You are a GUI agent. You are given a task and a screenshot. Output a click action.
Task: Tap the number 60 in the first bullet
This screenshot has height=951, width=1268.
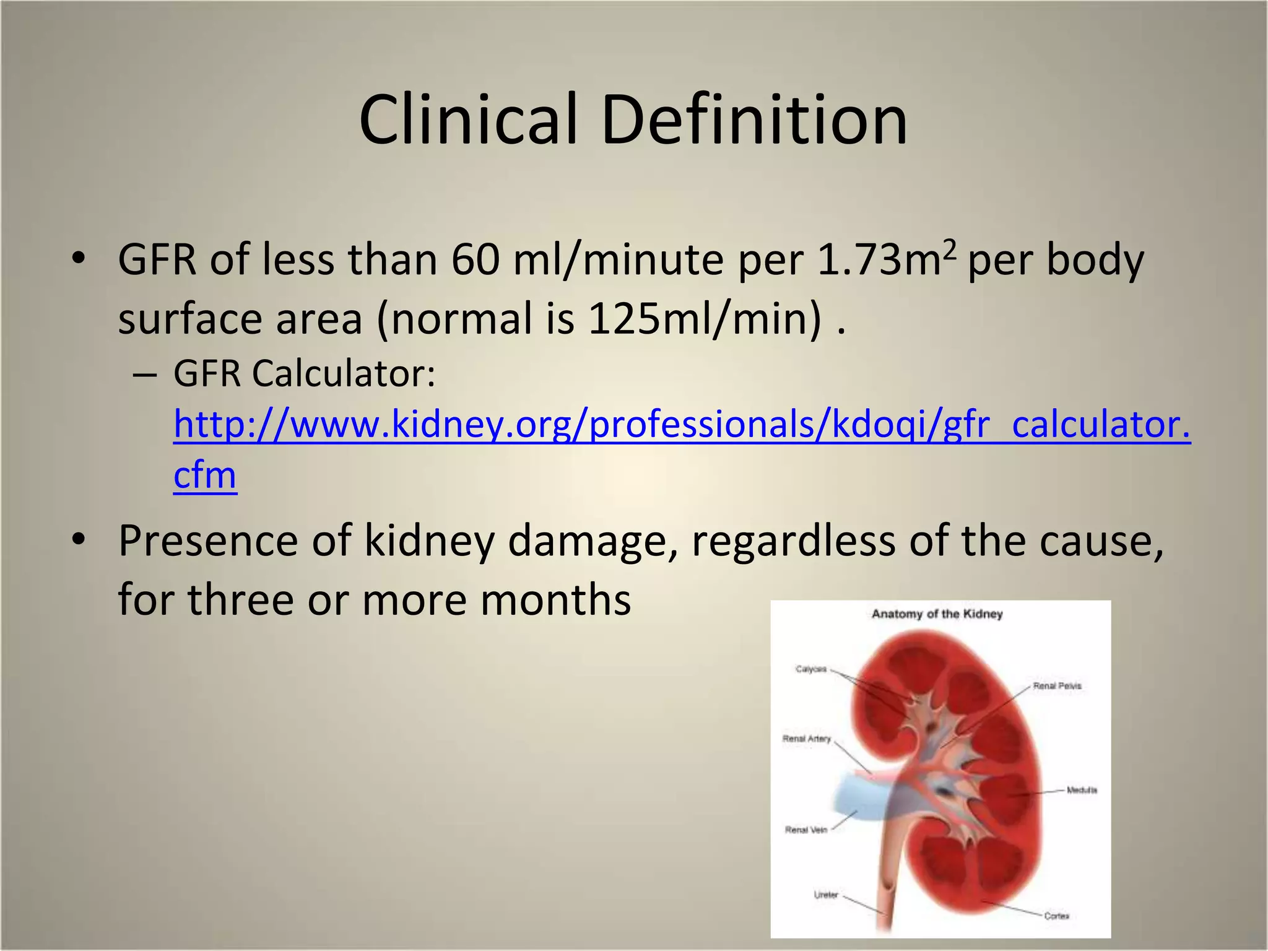coord(475,260)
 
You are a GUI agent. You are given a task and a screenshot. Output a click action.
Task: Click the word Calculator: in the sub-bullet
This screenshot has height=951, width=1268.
coord(344,374)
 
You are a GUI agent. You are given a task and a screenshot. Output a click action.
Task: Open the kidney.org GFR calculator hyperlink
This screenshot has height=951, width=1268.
coord(681,425)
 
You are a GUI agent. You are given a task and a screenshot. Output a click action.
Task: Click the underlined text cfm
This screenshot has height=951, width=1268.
coord(205,475)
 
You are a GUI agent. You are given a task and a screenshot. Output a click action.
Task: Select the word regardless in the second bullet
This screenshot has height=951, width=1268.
coord(792,541)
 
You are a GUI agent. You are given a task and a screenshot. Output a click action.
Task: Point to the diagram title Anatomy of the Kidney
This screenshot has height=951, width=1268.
coord(937,614)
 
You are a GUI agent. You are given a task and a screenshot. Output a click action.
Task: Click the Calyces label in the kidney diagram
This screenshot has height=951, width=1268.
coord(810,669)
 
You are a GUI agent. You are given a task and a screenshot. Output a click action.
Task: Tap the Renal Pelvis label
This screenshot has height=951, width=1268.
coord(1057,686)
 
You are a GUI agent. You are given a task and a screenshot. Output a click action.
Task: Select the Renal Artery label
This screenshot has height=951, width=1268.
coord(806,739)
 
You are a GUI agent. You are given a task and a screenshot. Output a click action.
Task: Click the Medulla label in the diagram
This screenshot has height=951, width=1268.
coord(1082,790)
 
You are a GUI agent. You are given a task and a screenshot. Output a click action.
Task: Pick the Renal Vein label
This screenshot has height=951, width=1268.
coord(806,830)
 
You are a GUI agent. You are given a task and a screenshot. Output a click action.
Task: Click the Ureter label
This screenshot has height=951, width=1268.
coord(825,895)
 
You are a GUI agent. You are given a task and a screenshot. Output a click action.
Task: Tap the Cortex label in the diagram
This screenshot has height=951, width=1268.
coord(1056,916)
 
